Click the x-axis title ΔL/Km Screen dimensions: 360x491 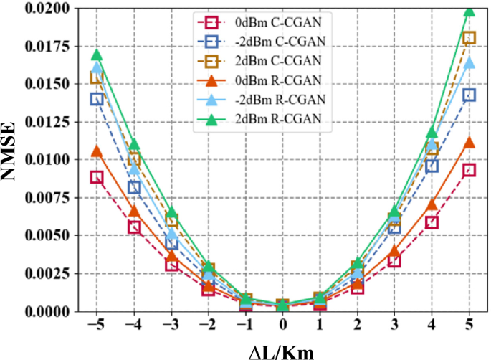pyautogui.click(x=282, y=349)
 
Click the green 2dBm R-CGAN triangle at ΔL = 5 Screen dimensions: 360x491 pyautogui.click(x=469, y=10)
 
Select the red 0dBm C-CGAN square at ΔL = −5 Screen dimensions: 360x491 pyautogui.click(x=96, y=177)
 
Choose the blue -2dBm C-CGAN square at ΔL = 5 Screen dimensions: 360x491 pyautogui.click(x=469, y=95)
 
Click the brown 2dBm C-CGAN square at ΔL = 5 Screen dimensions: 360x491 pyautogui.click(x=469, y=38)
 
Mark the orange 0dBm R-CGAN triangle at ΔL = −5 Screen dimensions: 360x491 pyautogui.click(x=96, y=151)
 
